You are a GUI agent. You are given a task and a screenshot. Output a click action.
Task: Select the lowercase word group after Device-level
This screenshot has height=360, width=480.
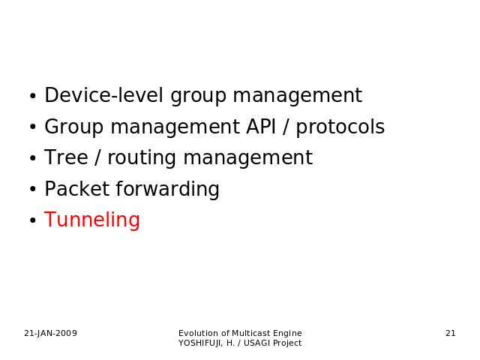click(x=198, y=97)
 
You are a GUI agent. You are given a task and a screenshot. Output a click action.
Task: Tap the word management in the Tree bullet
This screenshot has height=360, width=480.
click(x=248, y=158)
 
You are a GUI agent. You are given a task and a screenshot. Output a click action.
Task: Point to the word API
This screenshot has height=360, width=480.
click(x=261, y=127)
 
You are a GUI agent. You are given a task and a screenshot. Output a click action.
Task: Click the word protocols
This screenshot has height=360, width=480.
click(x=340, y=127)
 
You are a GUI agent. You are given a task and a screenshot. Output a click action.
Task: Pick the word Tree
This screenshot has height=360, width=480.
click(x=66, y=157)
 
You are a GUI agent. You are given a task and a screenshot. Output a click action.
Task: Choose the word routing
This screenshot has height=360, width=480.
click(x=142, y=158)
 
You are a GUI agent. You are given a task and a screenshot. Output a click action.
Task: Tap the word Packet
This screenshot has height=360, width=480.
click(x=76, y=188)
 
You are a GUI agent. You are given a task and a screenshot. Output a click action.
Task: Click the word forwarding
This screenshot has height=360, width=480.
click(x=167, y=190)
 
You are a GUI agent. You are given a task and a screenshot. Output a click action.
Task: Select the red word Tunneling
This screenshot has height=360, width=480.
click(x=92, y=220)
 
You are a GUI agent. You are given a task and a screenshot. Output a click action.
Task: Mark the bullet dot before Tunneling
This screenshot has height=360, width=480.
click(x=33, y=220)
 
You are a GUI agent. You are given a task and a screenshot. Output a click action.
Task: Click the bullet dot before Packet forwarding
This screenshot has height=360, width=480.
click(x=33, y=189)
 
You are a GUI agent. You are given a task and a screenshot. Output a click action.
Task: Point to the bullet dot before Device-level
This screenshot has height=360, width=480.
click(x=33, y=96)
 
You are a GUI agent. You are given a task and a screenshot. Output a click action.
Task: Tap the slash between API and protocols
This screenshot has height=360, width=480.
click(x=286, y=127)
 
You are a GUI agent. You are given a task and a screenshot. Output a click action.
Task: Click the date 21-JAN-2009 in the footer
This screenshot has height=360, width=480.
click(x=50, y=333)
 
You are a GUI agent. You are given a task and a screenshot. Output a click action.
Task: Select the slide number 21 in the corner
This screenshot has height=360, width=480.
click(x=451, y=333)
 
